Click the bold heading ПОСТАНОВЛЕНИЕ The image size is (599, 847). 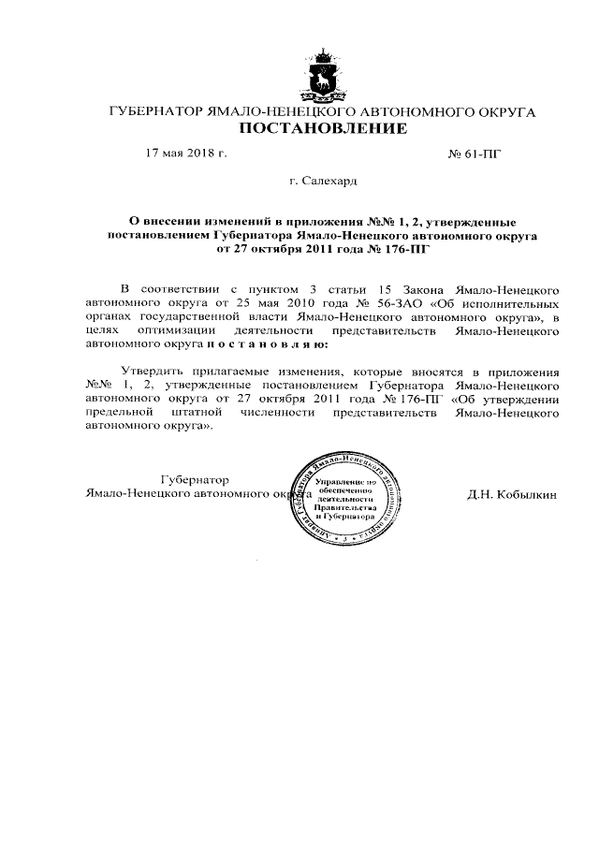coord(321,128)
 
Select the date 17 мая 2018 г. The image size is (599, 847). coord(186,153)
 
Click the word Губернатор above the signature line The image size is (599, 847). coord(195,478)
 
